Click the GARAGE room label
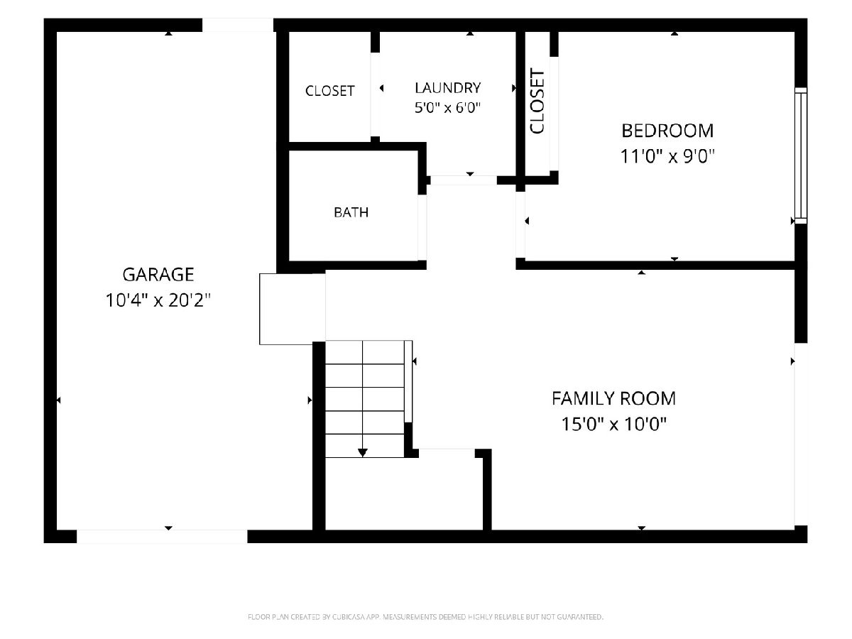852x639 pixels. [158, 275]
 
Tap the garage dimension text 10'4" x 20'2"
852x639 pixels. [158, 300]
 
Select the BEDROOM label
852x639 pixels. [667, 131]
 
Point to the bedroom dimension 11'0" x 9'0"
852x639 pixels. [667, 156]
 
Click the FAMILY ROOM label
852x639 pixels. [613, 399]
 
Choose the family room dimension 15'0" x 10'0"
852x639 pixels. [613, 424]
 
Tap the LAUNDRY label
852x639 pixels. [447, 88]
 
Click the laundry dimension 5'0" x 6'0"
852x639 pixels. [447, 107]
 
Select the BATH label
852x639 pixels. [351, 212]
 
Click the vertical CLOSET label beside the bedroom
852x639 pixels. [537, 102]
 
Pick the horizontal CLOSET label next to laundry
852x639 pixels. [329, 91]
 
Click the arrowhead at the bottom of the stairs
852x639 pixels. [363, 453]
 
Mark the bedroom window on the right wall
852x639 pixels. [800, 155]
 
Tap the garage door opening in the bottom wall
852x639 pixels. [162, 536]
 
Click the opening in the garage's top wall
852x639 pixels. [238, 25]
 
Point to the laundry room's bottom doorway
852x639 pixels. [464, 180]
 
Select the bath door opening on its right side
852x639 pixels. [422, 227]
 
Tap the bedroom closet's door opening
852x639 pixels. [554, 114]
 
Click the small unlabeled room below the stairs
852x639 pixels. [404, 493]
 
